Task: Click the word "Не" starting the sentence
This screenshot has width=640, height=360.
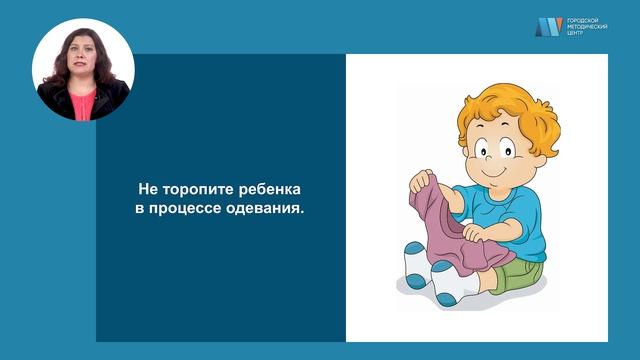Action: (x=147, y=189)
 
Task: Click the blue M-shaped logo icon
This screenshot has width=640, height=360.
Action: (x=548, y=27)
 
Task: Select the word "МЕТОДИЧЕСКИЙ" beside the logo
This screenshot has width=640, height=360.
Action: (x=588, y=27)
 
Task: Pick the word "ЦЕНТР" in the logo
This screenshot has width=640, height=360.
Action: (x=575, y=34)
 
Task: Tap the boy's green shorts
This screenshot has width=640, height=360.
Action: (x=520, y=272)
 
